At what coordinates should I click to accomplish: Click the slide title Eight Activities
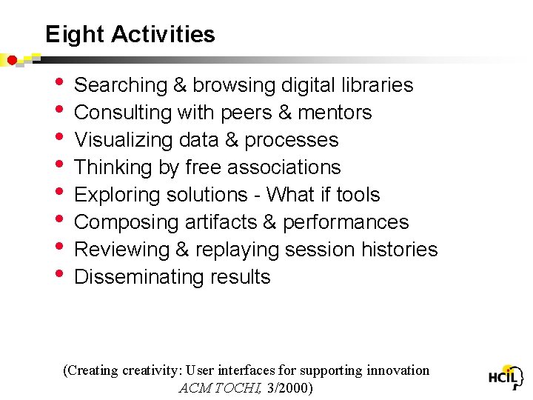130,35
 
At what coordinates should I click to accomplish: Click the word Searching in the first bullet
121,86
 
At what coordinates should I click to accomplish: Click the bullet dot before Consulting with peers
60,112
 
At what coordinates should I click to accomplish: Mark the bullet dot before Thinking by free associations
60,167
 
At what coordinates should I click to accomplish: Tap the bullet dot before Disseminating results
60,276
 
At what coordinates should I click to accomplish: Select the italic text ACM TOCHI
221,387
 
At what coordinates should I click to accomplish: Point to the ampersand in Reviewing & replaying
181,250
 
